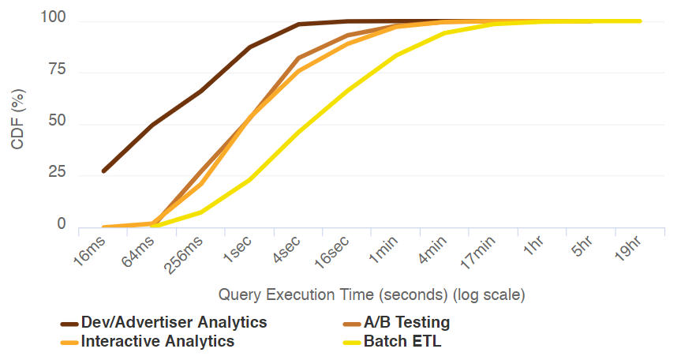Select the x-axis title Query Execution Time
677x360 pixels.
372,295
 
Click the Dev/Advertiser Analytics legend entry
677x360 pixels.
174,322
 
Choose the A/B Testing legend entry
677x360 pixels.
406,322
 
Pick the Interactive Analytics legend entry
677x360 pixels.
158,341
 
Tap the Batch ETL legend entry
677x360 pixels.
402,341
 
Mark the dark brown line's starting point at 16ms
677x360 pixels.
103,171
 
